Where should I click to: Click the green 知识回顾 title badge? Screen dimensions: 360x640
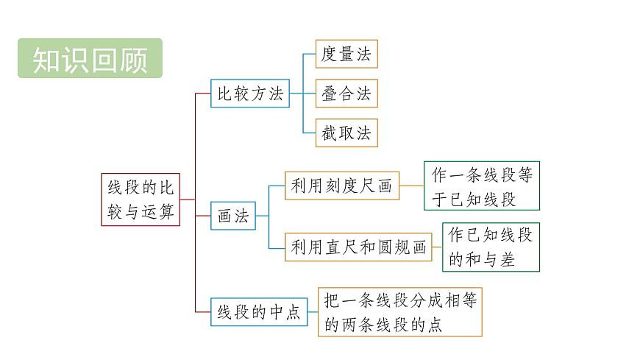[x=90, y=58]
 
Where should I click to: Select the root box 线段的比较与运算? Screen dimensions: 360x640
[x=141, y=200]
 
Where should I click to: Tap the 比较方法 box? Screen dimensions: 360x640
[x=250, y=94]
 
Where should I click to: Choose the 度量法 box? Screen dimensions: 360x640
[x=346, y=54]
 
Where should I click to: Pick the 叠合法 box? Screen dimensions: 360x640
[x=346, y=94]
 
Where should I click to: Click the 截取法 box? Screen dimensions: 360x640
[x=346, y=133]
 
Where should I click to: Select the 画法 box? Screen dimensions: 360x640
[x=232, y=216]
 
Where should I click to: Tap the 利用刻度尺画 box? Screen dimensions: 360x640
[x=342, y=186]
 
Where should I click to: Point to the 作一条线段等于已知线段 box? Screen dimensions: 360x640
[x=482, y=186]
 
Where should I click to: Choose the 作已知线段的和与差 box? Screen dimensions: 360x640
[x=491, y=247]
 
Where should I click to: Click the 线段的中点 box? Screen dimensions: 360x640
[x=259, y=312]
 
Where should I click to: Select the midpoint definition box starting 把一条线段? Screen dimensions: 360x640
[x=400, y=312]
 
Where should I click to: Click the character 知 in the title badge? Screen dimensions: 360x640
[x=46, y=59]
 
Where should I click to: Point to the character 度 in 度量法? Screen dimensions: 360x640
[x=329, y=54]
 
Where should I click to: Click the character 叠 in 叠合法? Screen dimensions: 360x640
[x=329, y=94]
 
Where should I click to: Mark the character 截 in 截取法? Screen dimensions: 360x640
[x=329, y=133]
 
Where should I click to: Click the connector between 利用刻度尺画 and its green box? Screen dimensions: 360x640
[x=412, y=186]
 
